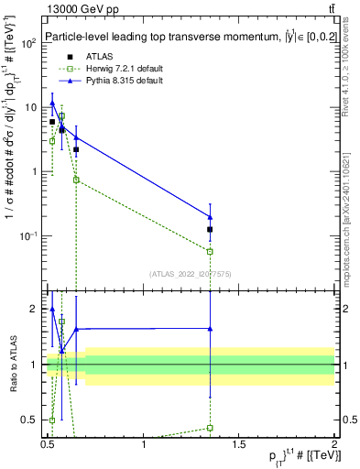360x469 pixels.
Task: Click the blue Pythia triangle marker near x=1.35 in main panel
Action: click(x=211, y=217)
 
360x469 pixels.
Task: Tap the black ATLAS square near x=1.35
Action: click(x=211, y=229)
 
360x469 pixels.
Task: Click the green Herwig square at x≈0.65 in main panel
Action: click(x=76, y=180)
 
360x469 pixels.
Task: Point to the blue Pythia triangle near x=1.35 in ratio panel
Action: click(x=211, y=328)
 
